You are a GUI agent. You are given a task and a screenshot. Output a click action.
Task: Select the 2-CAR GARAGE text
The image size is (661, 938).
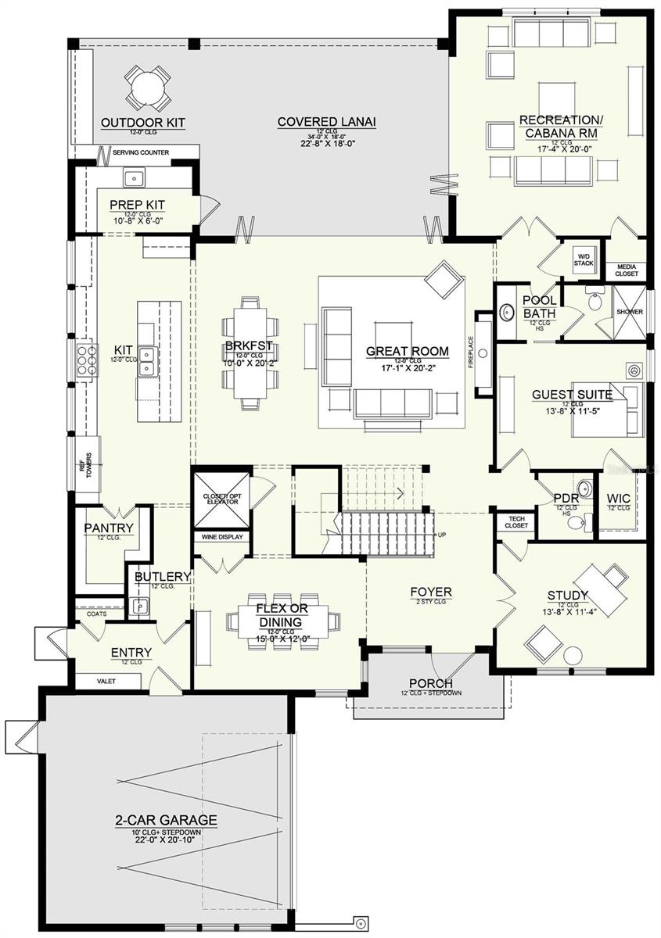tap(166, 821)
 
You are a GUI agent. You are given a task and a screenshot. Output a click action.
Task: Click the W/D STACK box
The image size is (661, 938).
tap(584, 260)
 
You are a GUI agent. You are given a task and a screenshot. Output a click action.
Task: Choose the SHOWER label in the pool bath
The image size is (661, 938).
tap(629, 312)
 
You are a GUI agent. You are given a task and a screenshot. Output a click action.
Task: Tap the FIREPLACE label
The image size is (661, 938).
tap(471, 354)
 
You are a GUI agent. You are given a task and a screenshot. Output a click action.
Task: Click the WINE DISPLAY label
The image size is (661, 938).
tap(223, 537)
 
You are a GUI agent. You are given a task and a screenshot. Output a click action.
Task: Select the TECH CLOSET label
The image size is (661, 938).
tap(516, 522)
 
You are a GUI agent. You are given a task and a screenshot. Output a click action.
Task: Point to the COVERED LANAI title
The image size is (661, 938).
tap(327, 122)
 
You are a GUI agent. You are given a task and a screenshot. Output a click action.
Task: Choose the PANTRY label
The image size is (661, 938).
tap(109, 528)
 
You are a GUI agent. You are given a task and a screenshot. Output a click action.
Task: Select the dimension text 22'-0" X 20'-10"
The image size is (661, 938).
tap(166, 841)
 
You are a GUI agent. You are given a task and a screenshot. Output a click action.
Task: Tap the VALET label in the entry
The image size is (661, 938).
tap(106, 682)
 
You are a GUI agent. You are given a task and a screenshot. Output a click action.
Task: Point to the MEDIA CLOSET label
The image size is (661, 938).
tap(627, 270)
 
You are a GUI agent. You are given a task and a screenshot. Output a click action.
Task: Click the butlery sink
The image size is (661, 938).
tap(140, 605)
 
